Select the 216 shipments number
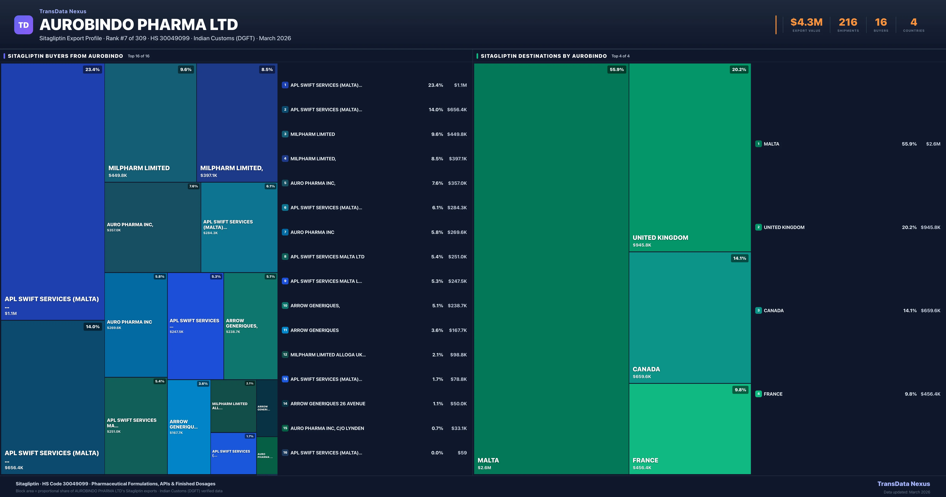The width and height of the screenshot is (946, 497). [x=848, y=22]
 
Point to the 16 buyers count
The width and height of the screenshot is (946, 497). [x=881, y=22]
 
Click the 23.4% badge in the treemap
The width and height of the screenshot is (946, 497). [x=92, y=69]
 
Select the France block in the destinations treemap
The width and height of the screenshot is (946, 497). [x=690, y=429]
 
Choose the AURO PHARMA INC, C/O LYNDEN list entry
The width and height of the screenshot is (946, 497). [x=327, y=428]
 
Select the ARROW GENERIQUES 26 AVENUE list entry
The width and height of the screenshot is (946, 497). [x=328, y=404]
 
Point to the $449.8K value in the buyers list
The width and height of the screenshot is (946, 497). [x=457, y=134]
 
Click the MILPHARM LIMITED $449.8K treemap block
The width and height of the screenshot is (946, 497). [x=150, y=123]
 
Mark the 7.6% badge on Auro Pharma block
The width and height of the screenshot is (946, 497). [x=193, y=186]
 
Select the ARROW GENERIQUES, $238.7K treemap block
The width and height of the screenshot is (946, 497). [x=250, y=326]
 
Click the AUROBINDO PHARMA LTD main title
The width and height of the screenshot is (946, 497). [x=138, y=25]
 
